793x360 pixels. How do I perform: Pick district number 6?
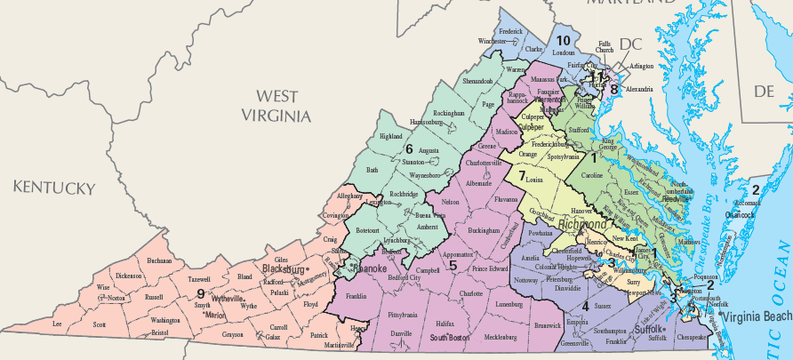pos(409,148)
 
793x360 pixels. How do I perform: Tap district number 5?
pos(453,264)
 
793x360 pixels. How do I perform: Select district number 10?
pos(563,41)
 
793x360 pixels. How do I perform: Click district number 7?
pos(522,175)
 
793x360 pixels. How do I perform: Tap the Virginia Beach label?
pos(756,317)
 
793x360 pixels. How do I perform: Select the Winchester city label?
pos(498,41)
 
